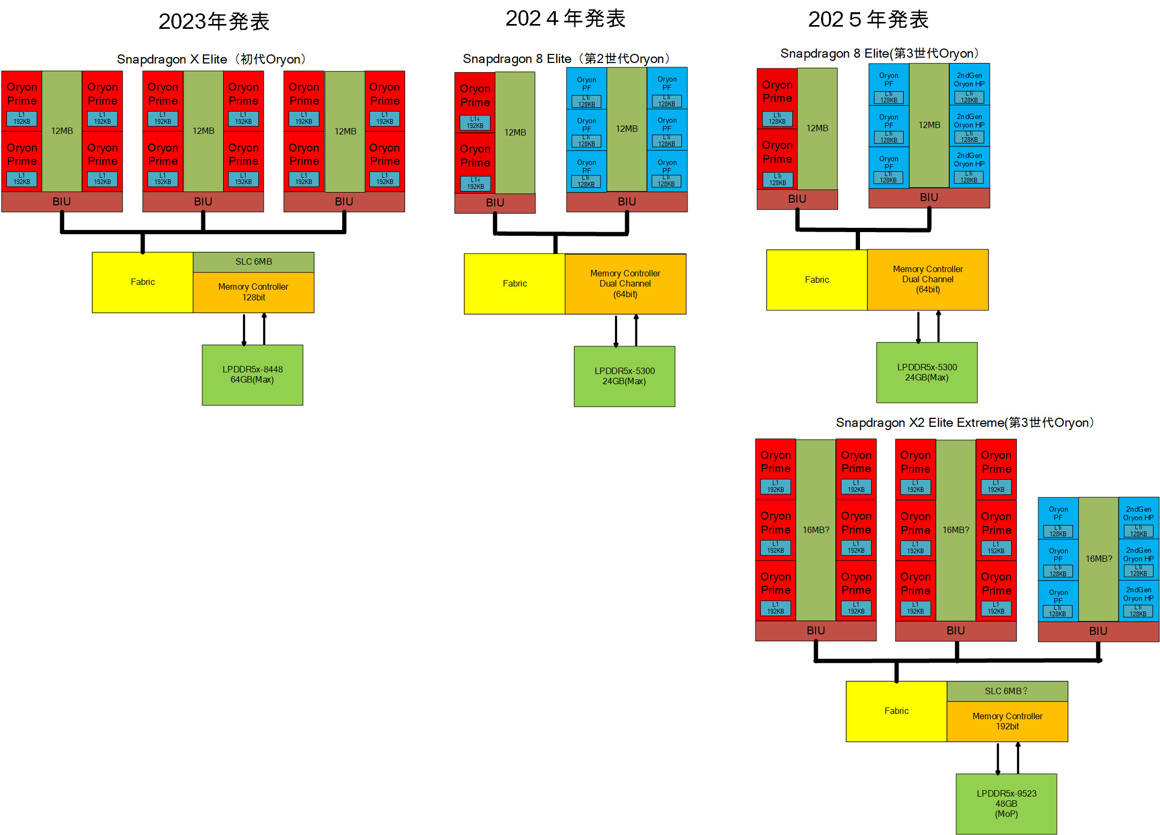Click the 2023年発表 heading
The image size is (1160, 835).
tap(214, 22)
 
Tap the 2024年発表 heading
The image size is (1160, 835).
tap(565, 19)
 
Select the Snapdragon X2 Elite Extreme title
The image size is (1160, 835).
tap(965, 423)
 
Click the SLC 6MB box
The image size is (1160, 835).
tap(254, 262)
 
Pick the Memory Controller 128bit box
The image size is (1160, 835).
tap(254, 292)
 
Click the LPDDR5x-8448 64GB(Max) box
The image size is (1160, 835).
tap(252, 375)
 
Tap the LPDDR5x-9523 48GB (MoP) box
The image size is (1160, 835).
tap(1006, 804)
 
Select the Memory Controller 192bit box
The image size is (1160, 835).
tap(1007, 721)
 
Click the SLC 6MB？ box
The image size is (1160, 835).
tap(1007, 691)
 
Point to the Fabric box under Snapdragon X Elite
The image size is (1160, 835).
tap(143, 282)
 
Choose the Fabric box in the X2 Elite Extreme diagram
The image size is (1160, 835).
tap(896, 711)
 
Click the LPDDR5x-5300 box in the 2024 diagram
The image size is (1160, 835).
tap(625, 376)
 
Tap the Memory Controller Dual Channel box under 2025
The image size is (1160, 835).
tap(928, 280)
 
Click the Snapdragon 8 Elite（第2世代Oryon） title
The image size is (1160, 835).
tap(566, 59)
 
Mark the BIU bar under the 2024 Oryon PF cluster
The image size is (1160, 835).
tap(627, 202)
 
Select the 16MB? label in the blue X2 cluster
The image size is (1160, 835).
tap(1099, 559)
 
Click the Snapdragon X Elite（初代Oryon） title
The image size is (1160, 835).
tap(211, 59)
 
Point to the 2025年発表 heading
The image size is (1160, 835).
tap(868, 20)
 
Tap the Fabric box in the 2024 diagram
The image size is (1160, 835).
tap(515, 284)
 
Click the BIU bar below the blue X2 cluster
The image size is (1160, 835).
tap(1098, 631)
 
